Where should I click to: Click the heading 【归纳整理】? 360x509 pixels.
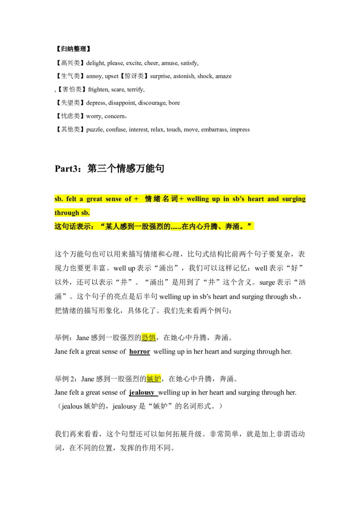coord(73,49)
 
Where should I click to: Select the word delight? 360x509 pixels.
coord(95,63)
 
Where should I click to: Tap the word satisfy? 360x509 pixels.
coord(189,63)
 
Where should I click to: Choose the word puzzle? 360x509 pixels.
coord(94,130)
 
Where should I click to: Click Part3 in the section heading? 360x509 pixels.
coord(66,169)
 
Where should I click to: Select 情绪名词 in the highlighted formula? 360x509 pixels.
coord(161,199)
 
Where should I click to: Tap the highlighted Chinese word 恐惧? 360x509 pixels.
coord(149,338)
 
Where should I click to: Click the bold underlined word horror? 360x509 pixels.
coord(139,352)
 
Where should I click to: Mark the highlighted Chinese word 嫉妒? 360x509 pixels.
coord(154,379)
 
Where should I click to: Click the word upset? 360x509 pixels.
coord(112,76)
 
